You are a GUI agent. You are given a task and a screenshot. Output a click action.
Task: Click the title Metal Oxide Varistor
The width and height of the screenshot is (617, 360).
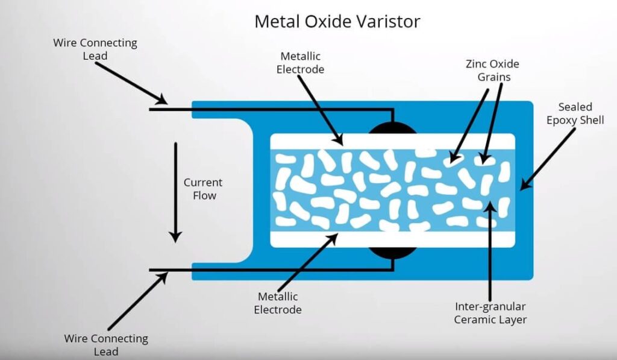[337, 21]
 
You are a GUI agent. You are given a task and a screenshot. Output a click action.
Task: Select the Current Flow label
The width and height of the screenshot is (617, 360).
[204, 189]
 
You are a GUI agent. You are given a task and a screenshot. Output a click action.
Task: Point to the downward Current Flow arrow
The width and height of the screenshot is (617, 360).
[175, 192]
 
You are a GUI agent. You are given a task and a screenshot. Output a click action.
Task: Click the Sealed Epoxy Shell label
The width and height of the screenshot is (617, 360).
[575, 113]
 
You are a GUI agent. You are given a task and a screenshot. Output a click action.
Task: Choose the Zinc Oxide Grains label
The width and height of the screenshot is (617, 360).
[493, 70]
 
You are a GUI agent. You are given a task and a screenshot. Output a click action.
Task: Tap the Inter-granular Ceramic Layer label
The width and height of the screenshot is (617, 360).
[490, 313]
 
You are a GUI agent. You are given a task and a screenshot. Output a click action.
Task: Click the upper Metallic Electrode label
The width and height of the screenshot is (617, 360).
[300, 63]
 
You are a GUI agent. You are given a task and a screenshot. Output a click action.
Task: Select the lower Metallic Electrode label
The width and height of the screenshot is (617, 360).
[278, 303]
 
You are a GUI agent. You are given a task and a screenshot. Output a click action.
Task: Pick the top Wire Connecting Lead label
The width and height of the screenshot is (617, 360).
[95, 49]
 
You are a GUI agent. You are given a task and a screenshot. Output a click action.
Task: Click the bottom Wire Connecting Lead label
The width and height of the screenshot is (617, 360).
[106, 345]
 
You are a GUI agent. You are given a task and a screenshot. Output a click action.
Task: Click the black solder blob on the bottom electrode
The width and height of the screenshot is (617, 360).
[392, 253]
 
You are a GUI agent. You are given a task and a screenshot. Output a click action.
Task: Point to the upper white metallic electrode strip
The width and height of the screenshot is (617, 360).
[393, 141]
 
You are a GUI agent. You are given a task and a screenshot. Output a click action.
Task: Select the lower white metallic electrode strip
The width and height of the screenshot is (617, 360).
[393, 239]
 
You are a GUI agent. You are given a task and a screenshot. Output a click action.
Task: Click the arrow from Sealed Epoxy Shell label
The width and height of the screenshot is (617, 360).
[548, 160]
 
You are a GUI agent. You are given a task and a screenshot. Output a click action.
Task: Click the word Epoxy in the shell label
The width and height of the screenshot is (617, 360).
[562, 120]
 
